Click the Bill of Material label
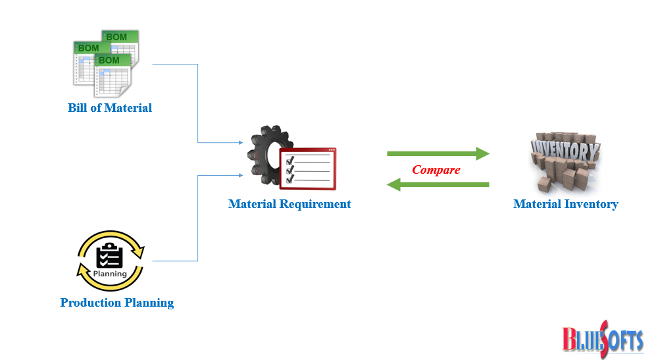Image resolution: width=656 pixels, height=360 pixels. tap(110, 108)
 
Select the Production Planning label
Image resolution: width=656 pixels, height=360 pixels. tap(117, 303)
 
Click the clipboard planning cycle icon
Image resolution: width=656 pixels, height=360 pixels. tap(111, 261)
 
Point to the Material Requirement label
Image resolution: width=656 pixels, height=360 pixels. tap(290, 204)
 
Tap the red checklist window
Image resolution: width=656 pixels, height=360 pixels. tap(307, 167)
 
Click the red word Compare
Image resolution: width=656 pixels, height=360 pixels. tap(436, 170)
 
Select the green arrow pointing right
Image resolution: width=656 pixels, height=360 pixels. tap(438, 154)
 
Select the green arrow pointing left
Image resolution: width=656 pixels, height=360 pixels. tap(438, 185)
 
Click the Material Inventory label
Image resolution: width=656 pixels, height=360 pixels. tap(565, 204)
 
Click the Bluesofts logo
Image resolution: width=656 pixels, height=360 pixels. tap(602, 338)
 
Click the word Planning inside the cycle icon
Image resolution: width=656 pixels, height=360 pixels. tap(111, 273)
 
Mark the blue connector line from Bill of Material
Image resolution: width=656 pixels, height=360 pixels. tap(198, 99)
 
